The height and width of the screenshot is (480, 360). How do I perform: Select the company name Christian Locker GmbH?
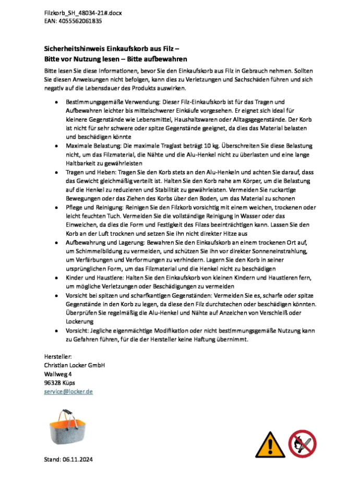click(x=74, y=366)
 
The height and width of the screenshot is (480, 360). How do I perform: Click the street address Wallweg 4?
click(x=58, y=374)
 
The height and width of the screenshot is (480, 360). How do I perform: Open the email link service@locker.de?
click(x=68, y=391)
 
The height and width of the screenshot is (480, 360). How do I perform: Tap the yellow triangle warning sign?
click(x=268, y=445)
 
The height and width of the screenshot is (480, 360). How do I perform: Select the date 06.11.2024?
click(x=80, y=460)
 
